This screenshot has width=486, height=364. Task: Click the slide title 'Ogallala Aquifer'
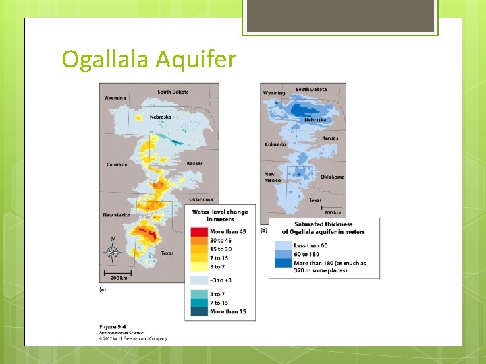148,59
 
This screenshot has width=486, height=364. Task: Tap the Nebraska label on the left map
161,117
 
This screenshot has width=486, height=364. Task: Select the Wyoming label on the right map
274,92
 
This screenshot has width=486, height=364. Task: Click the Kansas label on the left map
194,164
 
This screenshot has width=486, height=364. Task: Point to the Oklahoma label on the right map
332,177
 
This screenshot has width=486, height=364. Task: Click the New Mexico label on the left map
117,215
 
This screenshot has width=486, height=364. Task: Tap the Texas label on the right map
315,200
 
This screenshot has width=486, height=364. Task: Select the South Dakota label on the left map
173,92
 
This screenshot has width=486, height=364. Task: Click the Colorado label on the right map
275,144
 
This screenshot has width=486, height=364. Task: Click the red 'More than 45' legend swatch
200,232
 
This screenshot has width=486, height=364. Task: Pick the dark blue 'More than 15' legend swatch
200,312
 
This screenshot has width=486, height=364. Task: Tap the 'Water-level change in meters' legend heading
220,215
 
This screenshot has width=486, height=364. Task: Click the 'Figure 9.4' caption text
112,327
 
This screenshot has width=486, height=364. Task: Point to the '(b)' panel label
263,230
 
